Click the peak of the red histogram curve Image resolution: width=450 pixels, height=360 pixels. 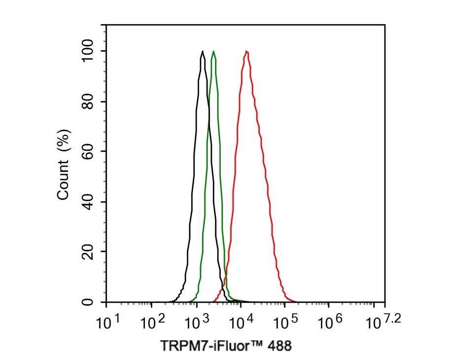click(246, 51)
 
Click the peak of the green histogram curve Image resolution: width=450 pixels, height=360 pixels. click(213, 51)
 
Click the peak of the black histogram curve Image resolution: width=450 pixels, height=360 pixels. click(203, 51)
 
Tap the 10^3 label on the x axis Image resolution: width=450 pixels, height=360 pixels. click(196, 323)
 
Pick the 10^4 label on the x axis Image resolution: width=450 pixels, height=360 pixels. click(241, 323)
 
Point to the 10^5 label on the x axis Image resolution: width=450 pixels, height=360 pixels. click(285, 323)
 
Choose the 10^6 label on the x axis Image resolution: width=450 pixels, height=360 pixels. click(329, 323)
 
